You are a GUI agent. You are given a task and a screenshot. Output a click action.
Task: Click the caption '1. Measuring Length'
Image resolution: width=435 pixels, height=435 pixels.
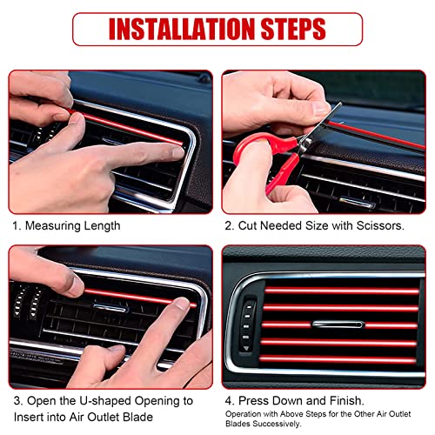pos(65,225)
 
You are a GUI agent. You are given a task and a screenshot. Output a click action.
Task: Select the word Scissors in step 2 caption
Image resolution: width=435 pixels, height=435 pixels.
pos(377,225)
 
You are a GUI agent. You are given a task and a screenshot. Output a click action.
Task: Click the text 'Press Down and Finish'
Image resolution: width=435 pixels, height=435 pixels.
pos(303,401)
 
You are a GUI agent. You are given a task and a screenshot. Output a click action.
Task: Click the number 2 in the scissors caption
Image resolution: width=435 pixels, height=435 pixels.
pos(228,225)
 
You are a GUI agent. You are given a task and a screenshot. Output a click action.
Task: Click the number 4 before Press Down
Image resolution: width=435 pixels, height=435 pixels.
pos(228,401)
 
